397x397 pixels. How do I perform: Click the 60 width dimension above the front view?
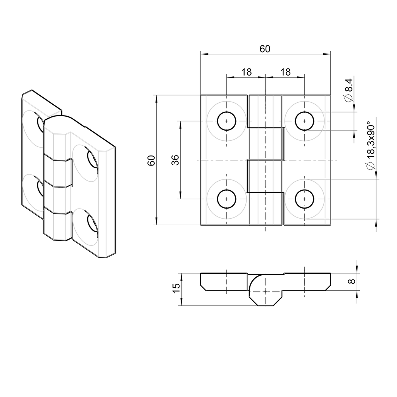[x=265, y=49]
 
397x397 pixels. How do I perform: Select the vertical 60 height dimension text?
[x=151, y=160]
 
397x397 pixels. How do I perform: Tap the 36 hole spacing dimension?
[x=176, y=160]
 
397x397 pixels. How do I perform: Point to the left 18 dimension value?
[x=246, y=72]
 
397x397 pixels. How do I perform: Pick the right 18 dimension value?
[x=285, y=72]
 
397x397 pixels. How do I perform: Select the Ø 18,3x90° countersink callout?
[x=370, y=145]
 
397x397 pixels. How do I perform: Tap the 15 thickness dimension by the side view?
[x=176, y=289]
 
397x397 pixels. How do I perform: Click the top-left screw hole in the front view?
[x=227, y=121]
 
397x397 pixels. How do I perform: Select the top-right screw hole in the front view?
[x=304, y=121]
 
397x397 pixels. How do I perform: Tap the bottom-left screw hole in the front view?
[x=227, y=199]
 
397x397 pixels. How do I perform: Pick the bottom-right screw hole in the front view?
[x=304, y=199]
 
